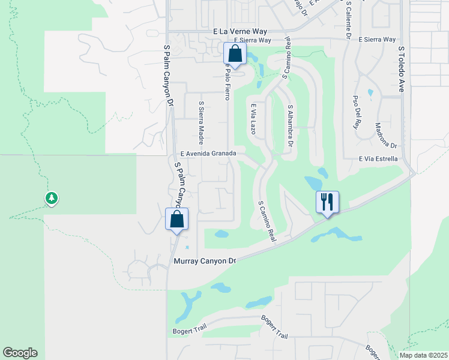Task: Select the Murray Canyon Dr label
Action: [x=206, y=262]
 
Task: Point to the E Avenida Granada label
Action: [x=206, y=154]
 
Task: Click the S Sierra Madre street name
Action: [x=202, y=123]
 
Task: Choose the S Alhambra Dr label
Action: [x=291, y=126]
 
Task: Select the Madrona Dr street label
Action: [x=386, y=136]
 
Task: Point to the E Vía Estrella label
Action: [x=378, y=159]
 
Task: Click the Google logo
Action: [x=20, y=353]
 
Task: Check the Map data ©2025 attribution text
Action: [x=423, y=355]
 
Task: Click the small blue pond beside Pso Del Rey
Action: [x=370, y=93]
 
